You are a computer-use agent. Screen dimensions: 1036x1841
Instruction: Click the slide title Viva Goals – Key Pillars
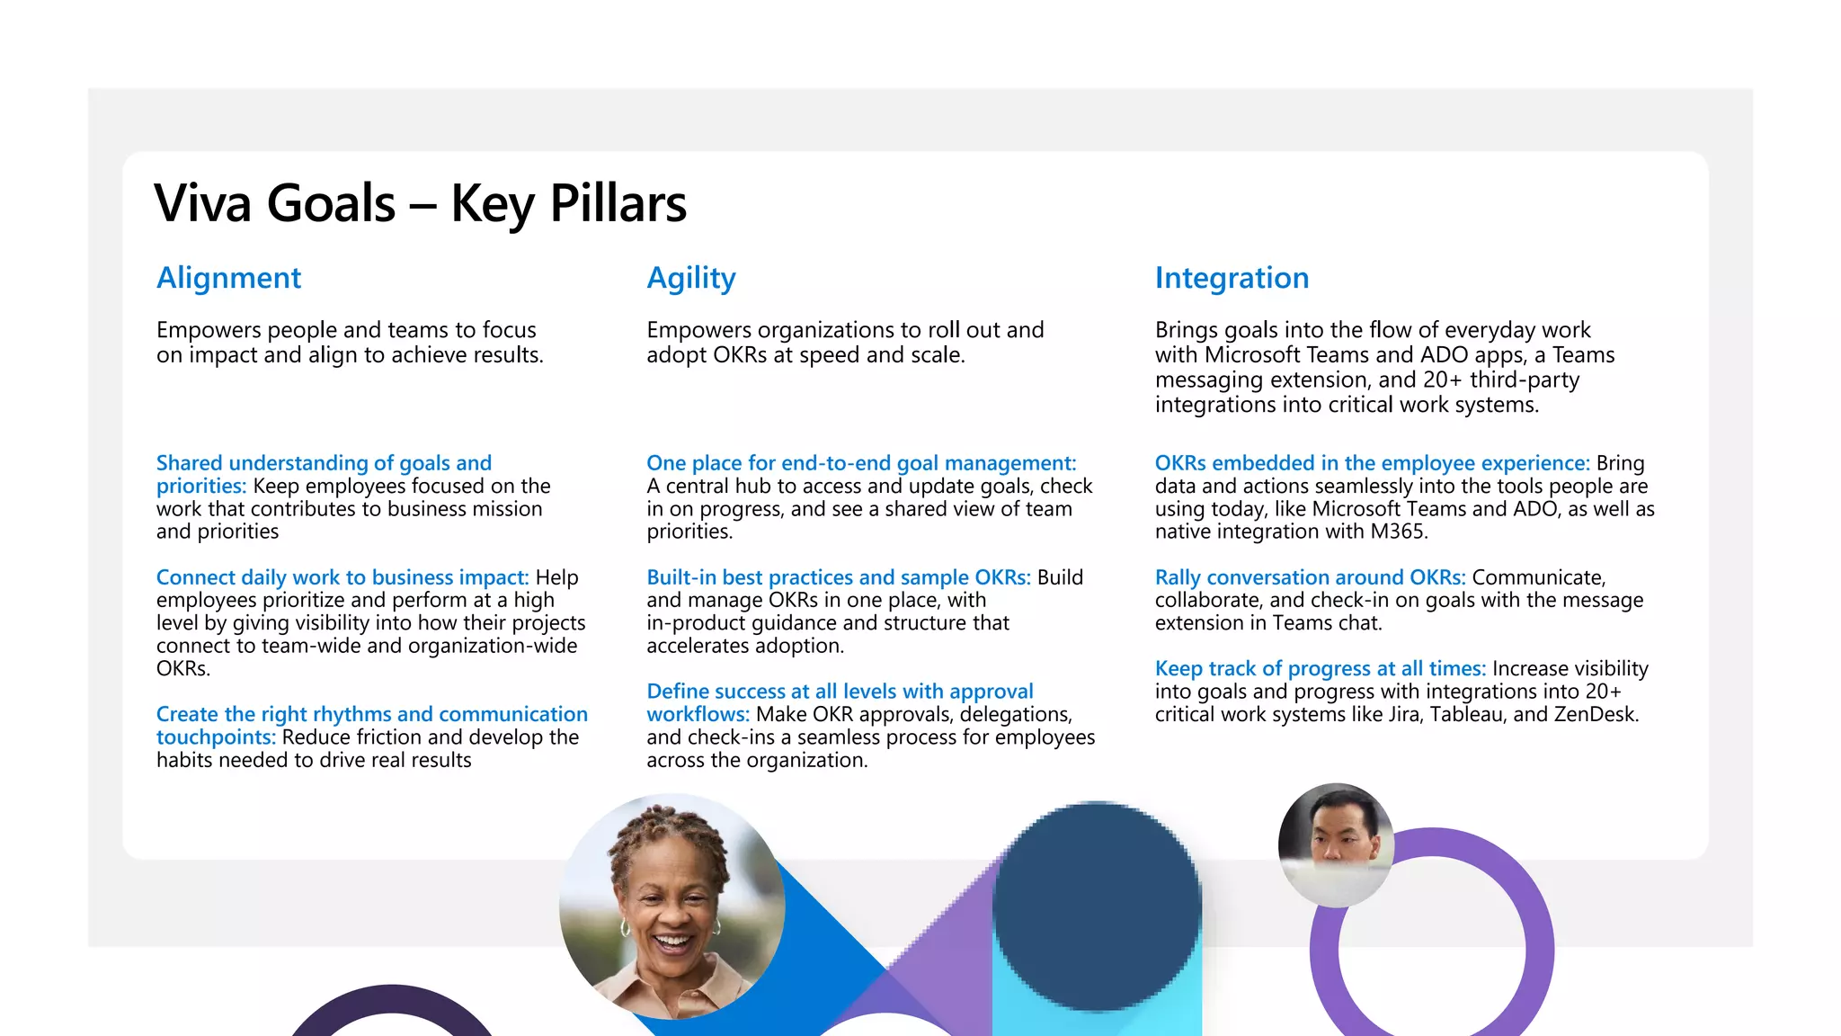[x=420, y=203]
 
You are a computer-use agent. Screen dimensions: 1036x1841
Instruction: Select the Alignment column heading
[x=228, y=278]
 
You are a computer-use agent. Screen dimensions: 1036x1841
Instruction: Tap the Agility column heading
[x=690, y=278]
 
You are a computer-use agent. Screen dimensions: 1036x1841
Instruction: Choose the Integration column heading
[x=1231, y=278]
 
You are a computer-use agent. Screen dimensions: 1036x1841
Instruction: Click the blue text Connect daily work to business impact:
[x=342, y=577]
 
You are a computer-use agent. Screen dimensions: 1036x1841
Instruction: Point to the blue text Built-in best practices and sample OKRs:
[x=838, y=577]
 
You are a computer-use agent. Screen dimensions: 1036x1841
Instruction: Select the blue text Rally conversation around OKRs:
[x=1309, y=577]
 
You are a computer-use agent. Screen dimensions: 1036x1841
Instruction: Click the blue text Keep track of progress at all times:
[x=1320, y=669]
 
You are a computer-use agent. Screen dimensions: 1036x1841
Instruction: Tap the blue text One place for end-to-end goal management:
[x=860, y=463]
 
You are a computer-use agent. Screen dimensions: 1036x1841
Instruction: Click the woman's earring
[x=625, y=926]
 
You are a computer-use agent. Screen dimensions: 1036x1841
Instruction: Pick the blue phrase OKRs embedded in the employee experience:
[x=1372, y=463]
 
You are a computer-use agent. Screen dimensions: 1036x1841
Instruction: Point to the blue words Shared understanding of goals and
[x=324, y=463]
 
